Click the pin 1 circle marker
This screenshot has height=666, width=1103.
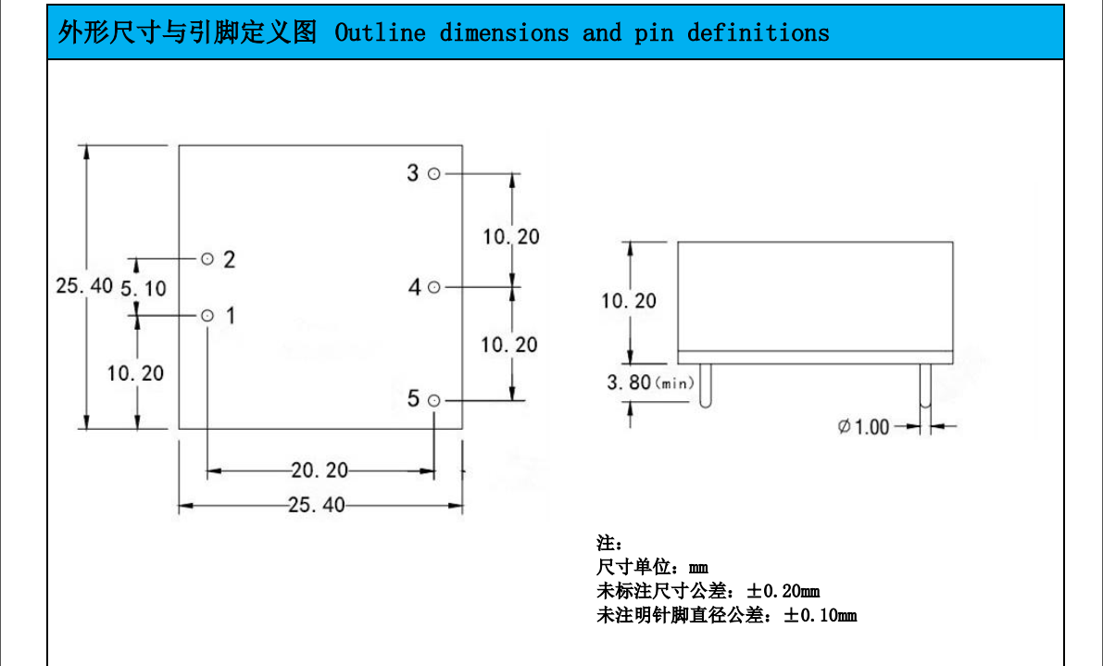pyautogui.click(x=207, y=316)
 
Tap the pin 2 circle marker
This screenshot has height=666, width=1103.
pyautogui.click(x=207, y=258)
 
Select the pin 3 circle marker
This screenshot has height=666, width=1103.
pyautogui.click(x=433, y=173)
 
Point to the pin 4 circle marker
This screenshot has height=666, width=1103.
pyautogui.click(x=433, y=287)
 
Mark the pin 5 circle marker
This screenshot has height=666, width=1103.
pyautogui.click(x=433, y=400)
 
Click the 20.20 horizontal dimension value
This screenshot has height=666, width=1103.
pyautogui.click(x=320, y=471)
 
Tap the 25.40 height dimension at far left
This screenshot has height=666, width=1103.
pyautogui.click(x=84, y=285)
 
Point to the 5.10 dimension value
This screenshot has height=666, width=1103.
pyautogui.click(x=144, y=288)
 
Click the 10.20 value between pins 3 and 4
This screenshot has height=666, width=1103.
pyautogui.click(x=510, y=236)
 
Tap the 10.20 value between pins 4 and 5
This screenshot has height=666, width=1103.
pyautogui.click(x=508, y=345)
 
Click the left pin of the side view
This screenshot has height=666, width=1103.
pyautogui.click(x=706, y=385)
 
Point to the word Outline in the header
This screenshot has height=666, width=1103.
pyautogui.click(x=380, y=33)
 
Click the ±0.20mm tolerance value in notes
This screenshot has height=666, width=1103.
pyautogui.click(x=783, y=591)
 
